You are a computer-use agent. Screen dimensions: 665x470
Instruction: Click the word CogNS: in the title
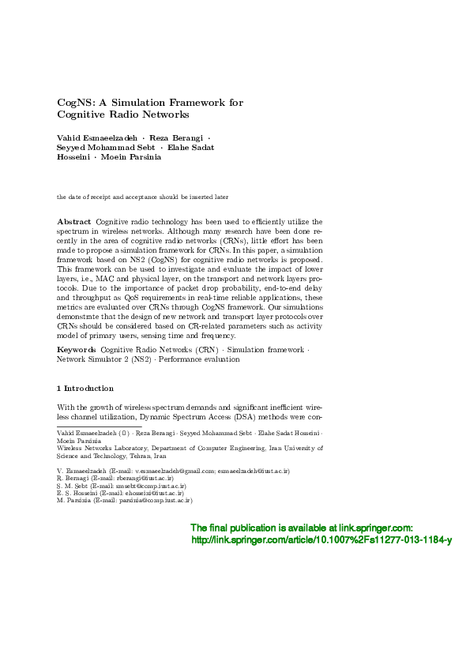coord(77,103)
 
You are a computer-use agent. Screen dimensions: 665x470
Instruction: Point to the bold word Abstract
coord(74,222)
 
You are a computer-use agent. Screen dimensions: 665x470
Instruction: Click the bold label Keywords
coord(77,348)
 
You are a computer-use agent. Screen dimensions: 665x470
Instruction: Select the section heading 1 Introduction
coord(85,389)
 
